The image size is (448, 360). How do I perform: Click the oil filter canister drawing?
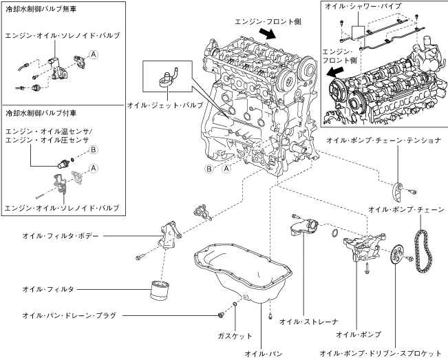[160, 290]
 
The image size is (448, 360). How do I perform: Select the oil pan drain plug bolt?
[220, 315]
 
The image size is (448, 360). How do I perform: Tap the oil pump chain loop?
[422, 251]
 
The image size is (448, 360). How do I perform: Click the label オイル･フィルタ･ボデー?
[61, 236]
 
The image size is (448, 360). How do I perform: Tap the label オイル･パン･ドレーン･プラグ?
[70, 315]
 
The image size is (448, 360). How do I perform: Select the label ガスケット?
[235, 336]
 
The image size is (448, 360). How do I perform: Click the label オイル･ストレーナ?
[308, 321]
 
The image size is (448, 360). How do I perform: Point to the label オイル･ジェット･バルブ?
[165, 105]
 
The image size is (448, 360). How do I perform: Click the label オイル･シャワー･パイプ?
[363, 6]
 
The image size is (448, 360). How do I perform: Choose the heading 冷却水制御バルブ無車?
[41, 9]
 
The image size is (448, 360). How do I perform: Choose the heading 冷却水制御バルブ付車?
[41, 113]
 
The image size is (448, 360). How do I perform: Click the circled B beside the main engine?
[209, 169]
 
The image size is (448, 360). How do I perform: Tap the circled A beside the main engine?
[226, 169]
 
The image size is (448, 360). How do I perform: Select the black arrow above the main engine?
[267, 34]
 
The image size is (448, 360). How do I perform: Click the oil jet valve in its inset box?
[169, 77]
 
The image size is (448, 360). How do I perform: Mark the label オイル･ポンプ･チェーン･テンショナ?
[384, 140]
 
